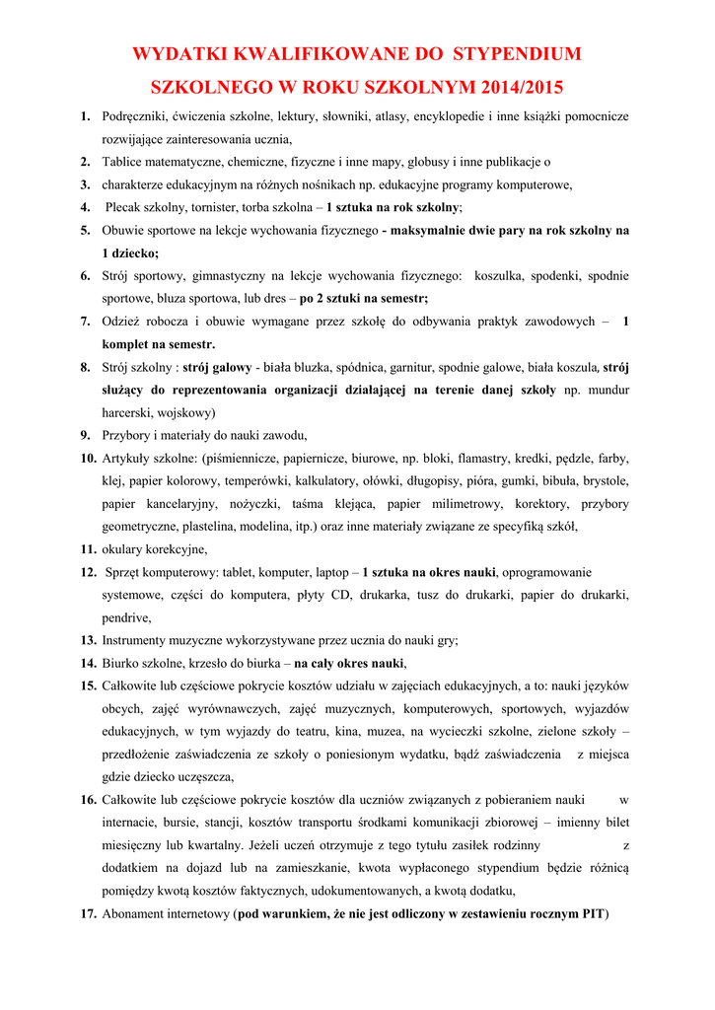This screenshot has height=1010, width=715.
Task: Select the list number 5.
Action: (x=86, y=230)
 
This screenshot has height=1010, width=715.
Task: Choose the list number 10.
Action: (x=88, y=459)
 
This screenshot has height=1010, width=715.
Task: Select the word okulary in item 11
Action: (x=123, y=549)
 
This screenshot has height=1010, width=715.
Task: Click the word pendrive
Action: (x=126, y=617)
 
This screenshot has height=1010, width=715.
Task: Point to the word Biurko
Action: (x=122, y=663)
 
